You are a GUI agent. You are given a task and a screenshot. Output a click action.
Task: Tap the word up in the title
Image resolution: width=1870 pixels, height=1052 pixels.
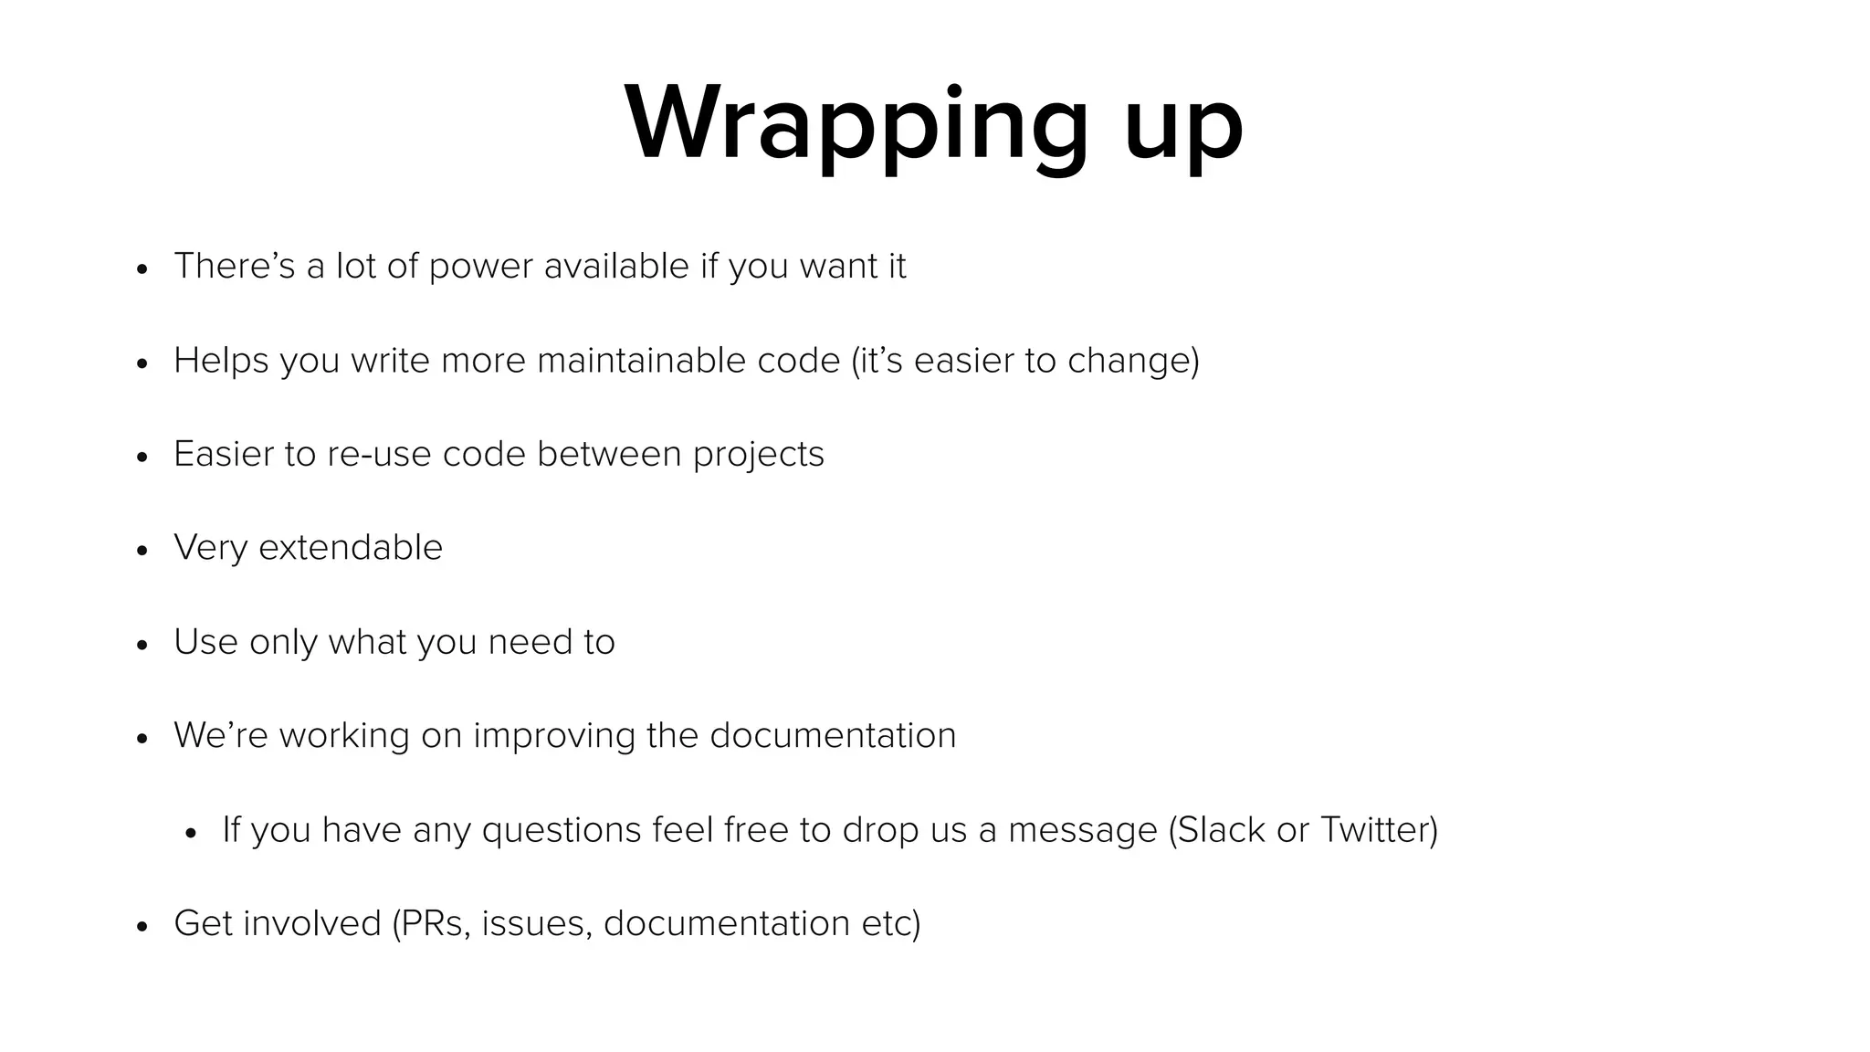pyautogui.click(x=1183, y=128)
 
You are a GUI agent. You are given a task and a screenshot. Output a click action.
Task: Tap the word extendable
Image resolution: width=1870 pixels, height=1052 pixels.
pyautogui.click(x=351, y=548)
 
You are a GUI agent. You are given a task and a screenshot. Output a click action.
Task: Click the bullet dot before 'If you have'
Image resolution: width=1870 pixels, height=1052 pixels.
pyautogui.click(x=190, y=833)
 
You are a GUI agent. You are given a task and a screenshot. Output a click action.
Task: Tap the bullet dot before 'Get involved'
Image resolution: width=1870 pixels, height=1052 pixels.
pyautogui.click(x=142, y=927)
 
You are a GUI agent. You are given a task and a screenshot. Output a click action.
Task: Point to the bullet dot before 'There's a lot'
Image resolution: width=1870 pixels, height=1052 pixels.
pyautogui.click(x=142, y=269)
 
